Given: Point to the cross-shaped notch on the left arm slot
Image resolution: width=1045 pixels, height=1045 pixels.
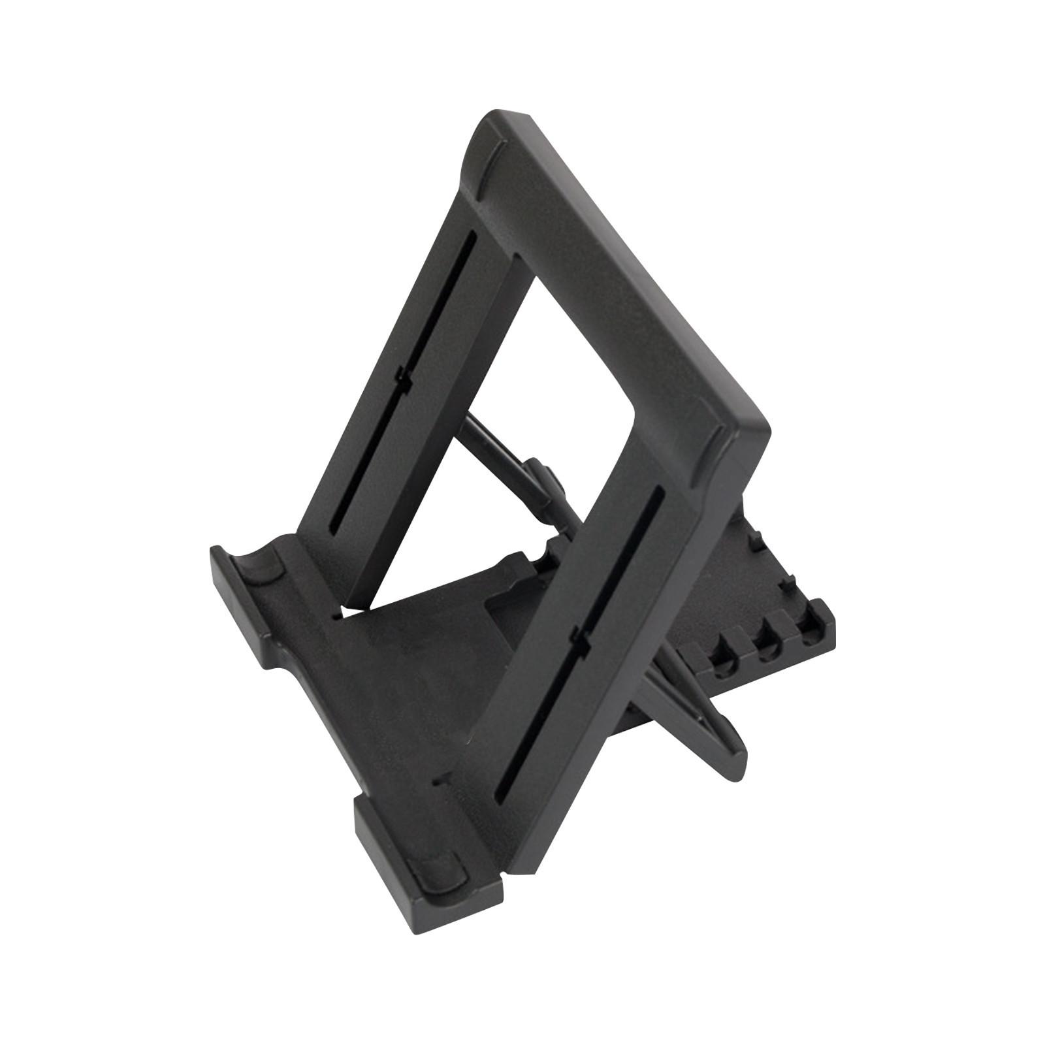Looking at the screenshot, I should tap(403, 376).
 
